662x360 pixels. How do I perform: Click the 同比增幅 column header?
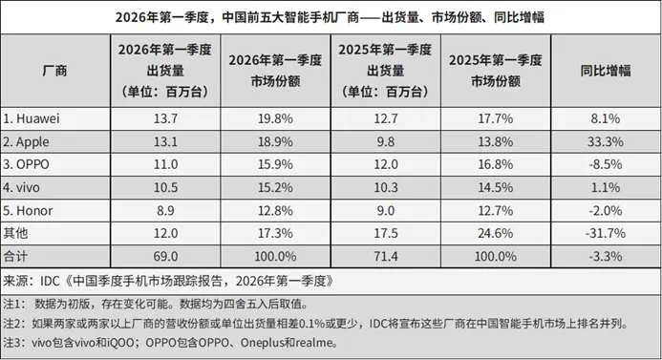(x=605, y=71)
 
